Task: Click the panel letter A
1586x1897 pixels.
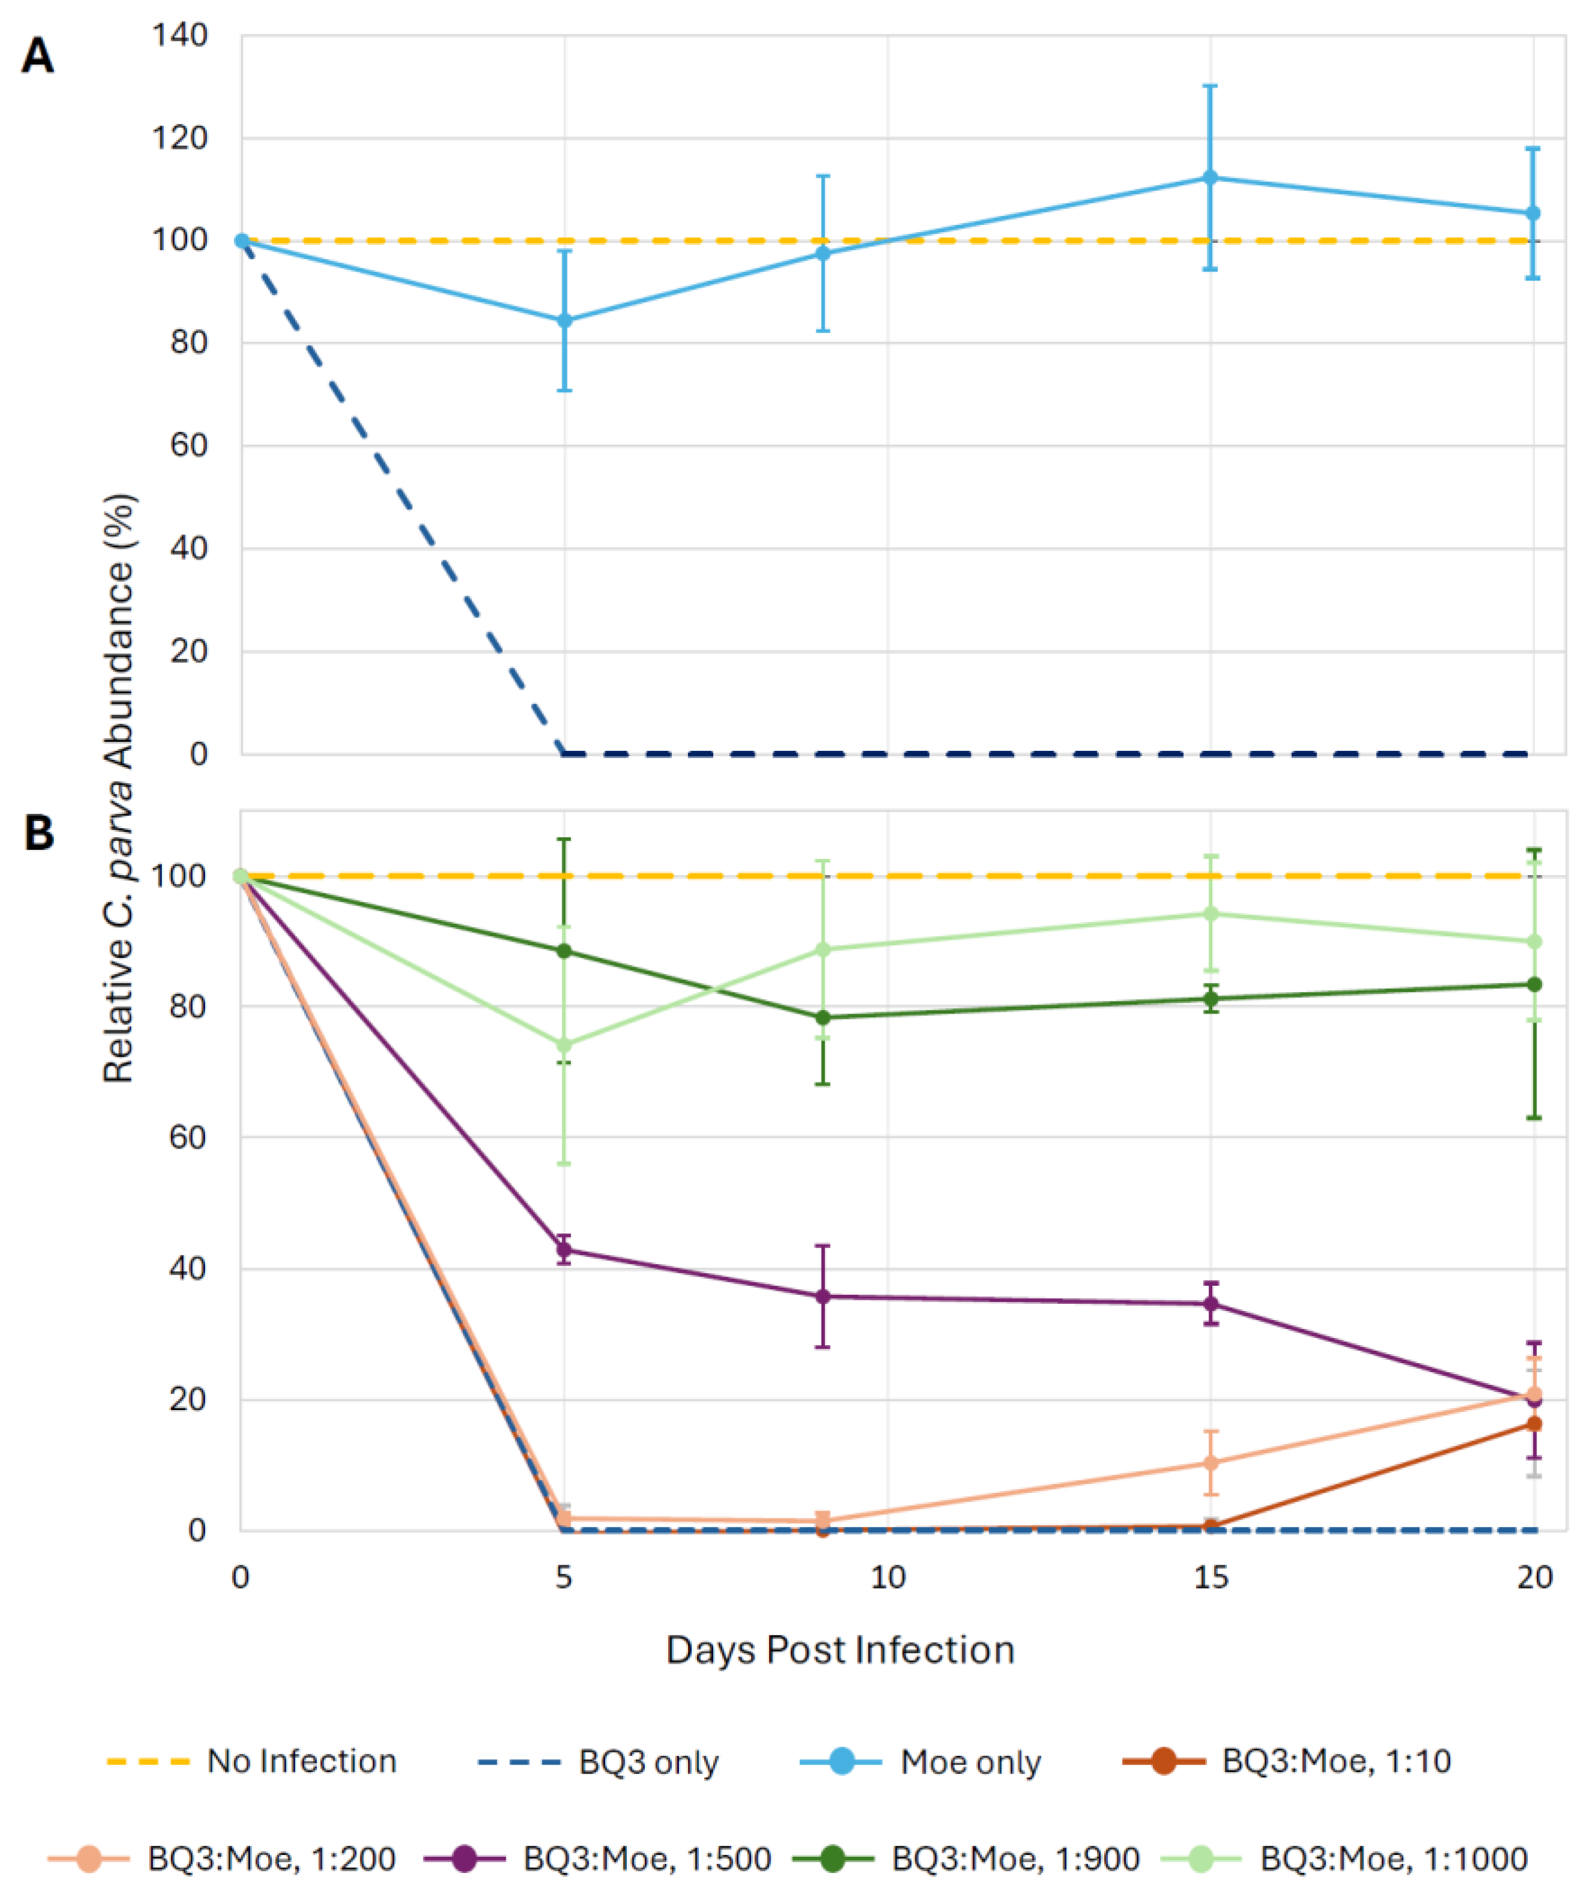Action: tap(37, 56)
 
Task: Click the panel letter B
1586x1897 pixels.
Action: tap(38, 832)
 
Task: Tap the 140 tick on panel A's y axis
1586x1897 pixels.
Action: tap(180, 36)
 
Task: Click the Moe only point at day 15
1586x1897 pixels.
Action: tap(1210, 178)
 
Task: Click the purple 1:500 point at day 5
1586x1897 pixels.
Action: tap(564, 1250)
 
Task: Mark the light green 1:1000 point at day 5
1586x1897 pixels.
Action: tap(564, 1045)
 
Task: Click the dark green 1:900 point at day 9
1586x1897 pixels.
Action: tap(822, 1017)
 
